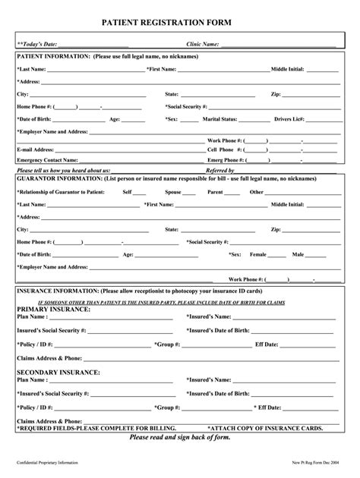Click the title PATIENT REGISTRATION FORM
coord(180,26)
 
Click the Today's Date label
coord(39,45)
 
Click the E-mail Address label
coord(35,150)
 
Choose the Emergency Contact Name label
coord(47,160)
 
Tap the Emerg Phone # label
coord(224,160)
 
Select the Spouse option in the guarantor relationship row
coord(173,192)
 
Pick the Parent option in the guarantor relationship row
coord(215,192)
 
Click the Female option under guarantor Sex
coord(258,255)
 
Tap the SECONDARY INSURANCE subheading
coord(58,373)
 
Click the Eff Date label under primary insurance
coord(267,344)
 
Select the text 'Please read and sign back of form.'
coord(180,438)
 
